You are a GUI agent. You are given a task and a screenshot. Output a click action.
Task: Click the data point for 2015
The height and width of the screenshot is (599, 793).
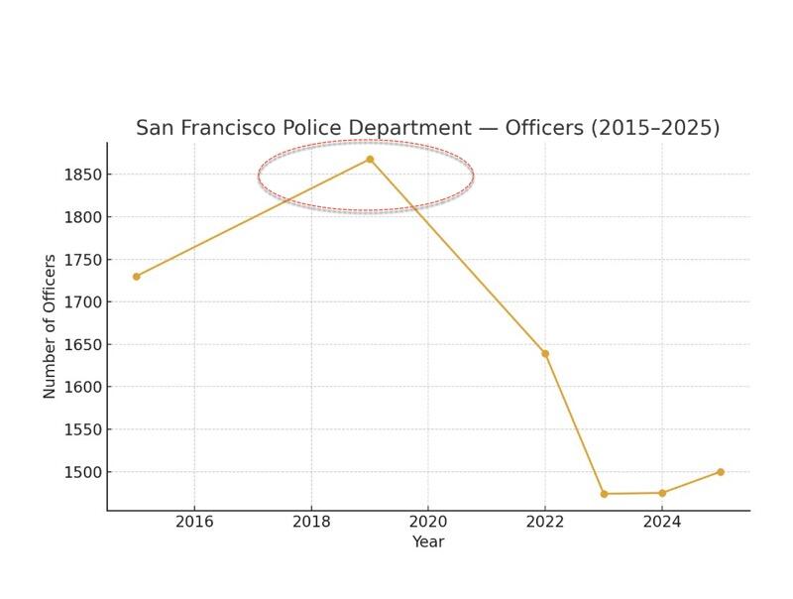(136, 277)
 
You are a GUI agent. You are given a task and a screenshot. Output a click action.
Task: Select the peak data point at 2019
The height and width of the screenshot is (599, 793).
(370, 159)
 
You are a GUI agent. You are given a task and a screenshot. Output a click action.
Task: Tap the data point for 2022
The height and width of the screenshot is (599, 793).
(545, 354)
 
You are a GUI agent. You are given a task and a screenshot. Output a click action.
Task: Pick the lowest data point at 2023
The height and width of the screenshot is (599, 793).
(604, 494)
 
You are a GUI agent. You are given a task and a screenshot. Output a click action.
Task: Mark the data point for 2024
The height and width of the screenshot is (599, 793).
(662, 493)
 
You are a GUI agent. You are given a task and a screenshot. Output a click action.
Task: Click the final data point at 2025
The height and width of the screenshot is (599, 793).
(721, 472)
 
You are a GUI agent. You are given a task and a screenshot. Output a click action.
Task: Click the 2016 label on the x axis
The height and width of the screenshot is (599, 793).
(194, 522)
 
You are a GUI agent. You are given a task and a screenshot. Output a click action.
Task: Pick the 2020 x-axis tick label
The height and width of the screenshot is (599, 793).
(428, 522)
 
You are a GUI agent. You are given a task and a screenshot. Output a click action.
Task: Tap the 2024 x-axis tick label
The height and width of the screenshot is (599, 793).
(662, 522)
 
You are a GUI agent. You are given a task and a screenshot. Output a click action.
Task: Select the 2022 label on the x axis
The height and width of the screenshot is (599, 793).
(545, 522)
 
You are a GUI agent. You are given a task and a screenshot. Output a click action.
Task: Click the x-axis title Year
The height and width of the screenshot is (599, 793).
(428, 541)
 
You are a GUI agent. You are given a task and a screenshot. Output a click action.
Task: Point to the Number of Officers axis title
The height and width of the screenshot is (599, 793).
(50, 326)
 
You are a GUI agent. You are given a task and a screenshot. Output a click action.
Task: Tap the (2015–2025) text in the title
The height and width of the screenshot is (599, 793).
(658, 128)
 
